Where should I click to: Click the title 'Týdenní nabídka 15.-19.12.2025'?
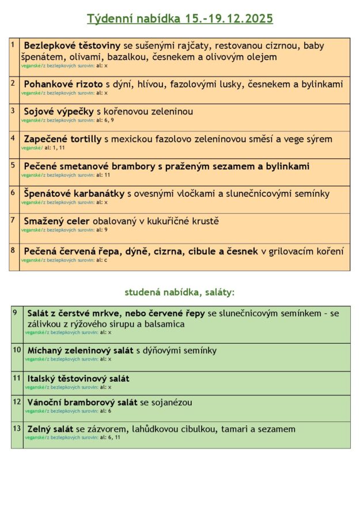click(180, 19)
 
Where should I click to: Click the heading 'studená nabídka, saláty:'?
click(180, 292)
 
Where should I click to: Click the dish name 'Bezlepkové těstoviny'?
click(72, 45)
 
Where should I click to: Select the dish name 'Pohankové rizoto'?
click(63, 84)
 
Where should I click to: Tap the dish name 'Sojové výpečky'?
click(59, 111)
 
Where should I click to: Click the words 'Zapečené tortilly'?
click(63, 139)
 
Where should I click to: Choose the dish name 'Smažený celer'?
click(57, 221)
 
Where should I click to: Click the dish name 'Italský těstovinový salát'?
click(78, 378)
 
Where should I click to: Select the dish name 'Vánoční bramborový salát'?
click(82, 402)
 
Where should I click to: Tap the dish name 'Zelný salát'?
click(51, 429)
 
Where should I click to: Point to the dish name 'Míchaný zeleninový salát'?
click(81, 350)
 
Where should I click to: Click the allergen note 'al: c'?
click(102, 260)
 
